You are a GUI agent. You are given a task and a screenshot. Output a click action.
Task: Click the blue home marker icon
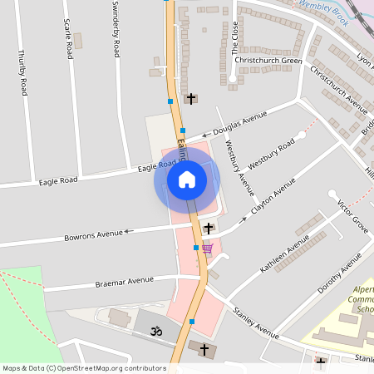click(186, 180)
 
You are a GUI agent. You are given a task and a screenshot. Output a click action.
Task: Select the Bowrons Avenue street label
click(93, 236)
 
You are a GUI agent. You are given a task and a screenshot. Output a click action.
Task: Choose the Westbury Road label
click(271, 155)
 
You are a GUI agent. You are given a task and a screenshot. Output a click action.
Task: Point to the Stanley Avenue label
click(255, 322)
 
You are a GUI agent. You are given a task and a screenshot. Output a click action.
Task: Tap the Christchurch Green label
click(268, 60)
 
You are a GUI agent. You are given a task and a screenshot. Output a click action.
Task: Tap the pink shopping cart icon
click(206, 248)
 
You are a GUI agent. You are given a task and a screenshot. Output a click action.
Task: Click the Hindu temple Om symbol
click(152, 331)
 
